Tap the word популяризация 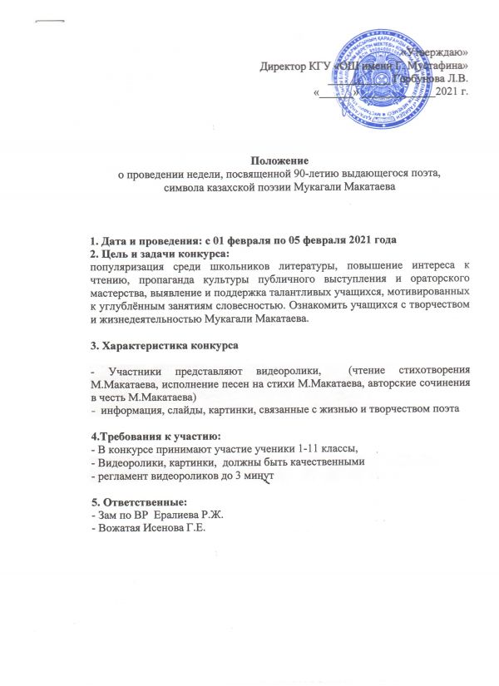130,266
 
